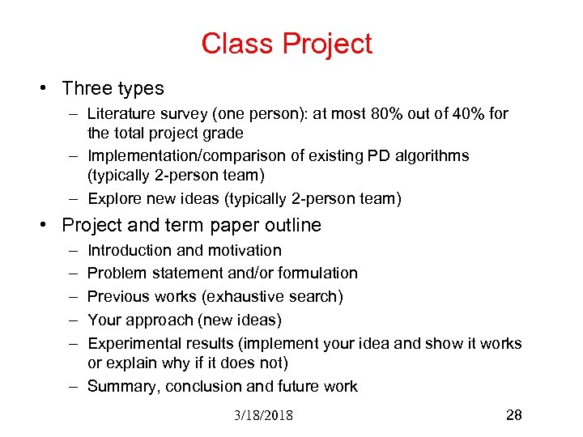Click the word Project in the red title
tap(326, 44)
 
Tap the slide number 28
tap(513, 415)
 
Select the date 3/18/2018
tap(263, 416)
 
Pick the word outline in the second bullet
tap(291, 226)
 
